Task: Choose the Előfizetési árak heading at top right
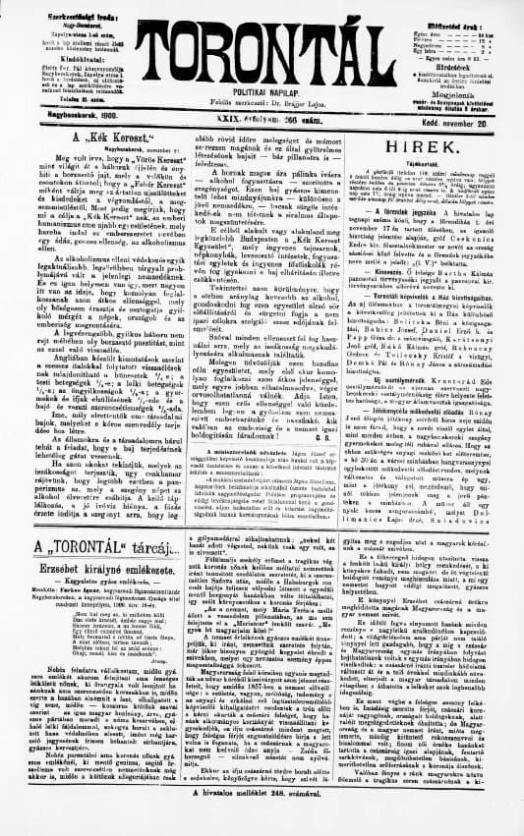point(460,10)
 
